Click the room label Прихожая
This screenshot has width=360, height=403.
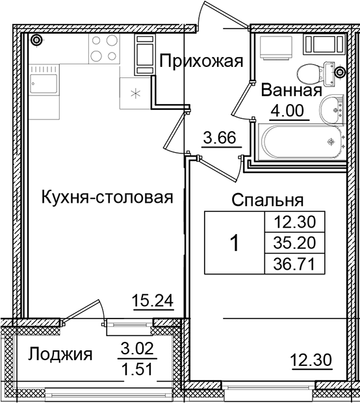(201, 62)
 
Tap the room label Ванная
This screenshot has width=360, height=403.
(291, 92)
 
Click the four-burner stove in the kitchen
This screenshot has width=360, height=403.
(103, 48)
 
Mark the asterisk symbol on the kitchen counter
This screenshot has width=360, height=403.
(135, 92)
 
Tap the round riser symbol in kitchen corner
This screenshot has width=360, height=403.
(37, 40)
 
